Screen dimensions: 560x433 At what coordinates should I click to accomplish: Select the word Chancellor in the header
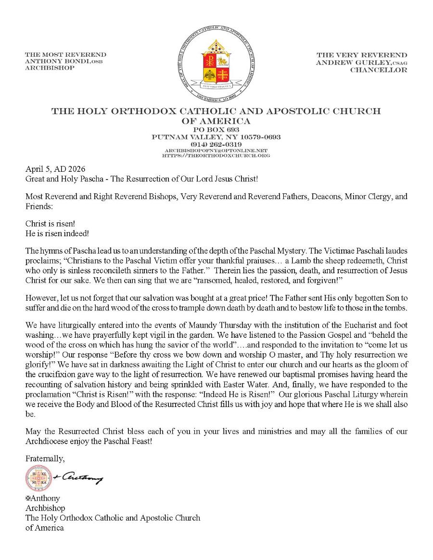tap(379, 70)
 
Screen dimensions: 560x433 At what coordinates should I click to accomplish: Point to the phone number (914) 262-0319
tap(216, 144)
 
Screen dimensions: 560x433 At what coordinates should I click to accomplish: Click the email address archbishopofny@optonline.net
tap(216, 150)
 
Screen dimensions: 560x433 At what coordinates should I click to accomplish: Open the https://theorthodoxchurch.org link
tap(216, 155)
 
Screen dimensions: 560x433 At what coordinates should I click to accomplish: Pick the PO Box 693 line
tap(216, 130)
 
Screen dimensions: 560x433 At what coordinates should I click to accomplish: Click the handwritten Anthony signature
tap(79, 477)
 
